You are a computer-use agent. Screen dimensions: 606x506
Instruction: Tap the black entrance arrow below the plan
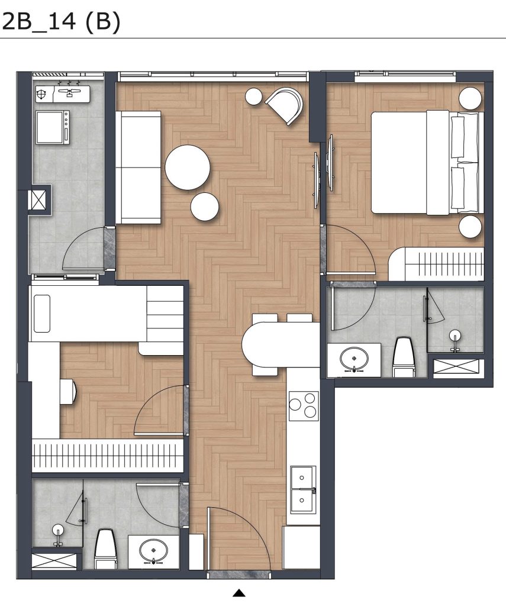point(239,592)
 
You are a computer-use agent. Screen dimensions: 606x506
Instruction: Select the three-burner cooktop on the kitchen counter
point(303,405)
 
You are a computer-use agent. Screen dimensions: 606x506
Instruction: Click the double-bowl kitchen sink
point(302,489)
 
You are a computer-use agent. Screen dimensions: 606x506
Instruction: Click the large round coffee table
point(188,167)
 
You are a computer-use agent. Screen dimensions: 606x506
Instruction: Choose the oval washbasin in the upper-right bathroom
point(354,357)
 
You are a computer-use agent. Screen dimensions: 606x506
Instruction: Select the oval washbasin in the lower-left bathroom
point(153,550)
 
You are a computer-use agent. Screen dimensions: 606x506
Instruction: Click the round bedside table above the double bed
point(471,98)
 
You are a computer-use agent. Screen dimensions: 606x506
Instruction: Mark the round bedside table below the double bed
point(471,227)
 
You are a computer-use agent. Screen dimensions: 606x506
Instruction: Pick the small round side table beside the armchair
point(254,96)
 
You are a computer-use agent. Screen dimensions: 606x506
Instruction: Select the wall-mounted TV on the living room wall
point(317,172)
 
